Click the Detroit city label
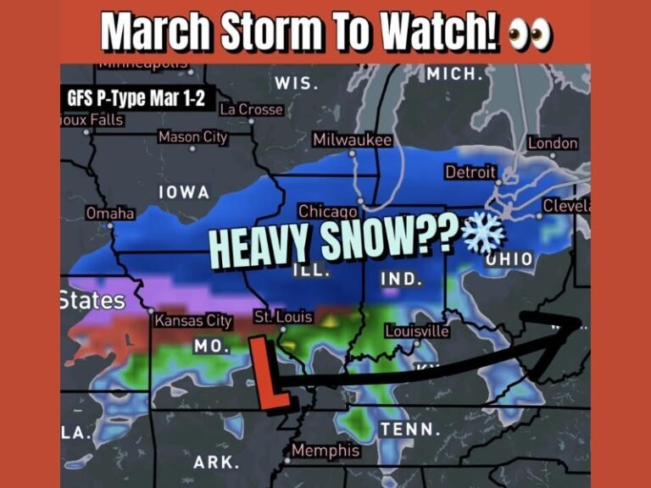click(x=470, y=172)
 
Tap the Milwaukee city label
click(x=353, y=140)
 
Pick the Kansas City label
click(x=193, y=321)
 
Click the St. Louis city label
click(x=284, y=317)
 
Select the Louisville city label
click(x=416, y=330)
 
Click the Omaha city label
click(x=110, y=213)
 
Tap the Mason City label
click(x=192, y=137)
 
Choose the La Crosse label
click(x=251, y=109)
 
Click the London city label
click(x=553, y=143)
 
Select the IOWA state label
click(x=184, y=192)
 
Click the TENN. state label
click(x=409, y=429)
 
